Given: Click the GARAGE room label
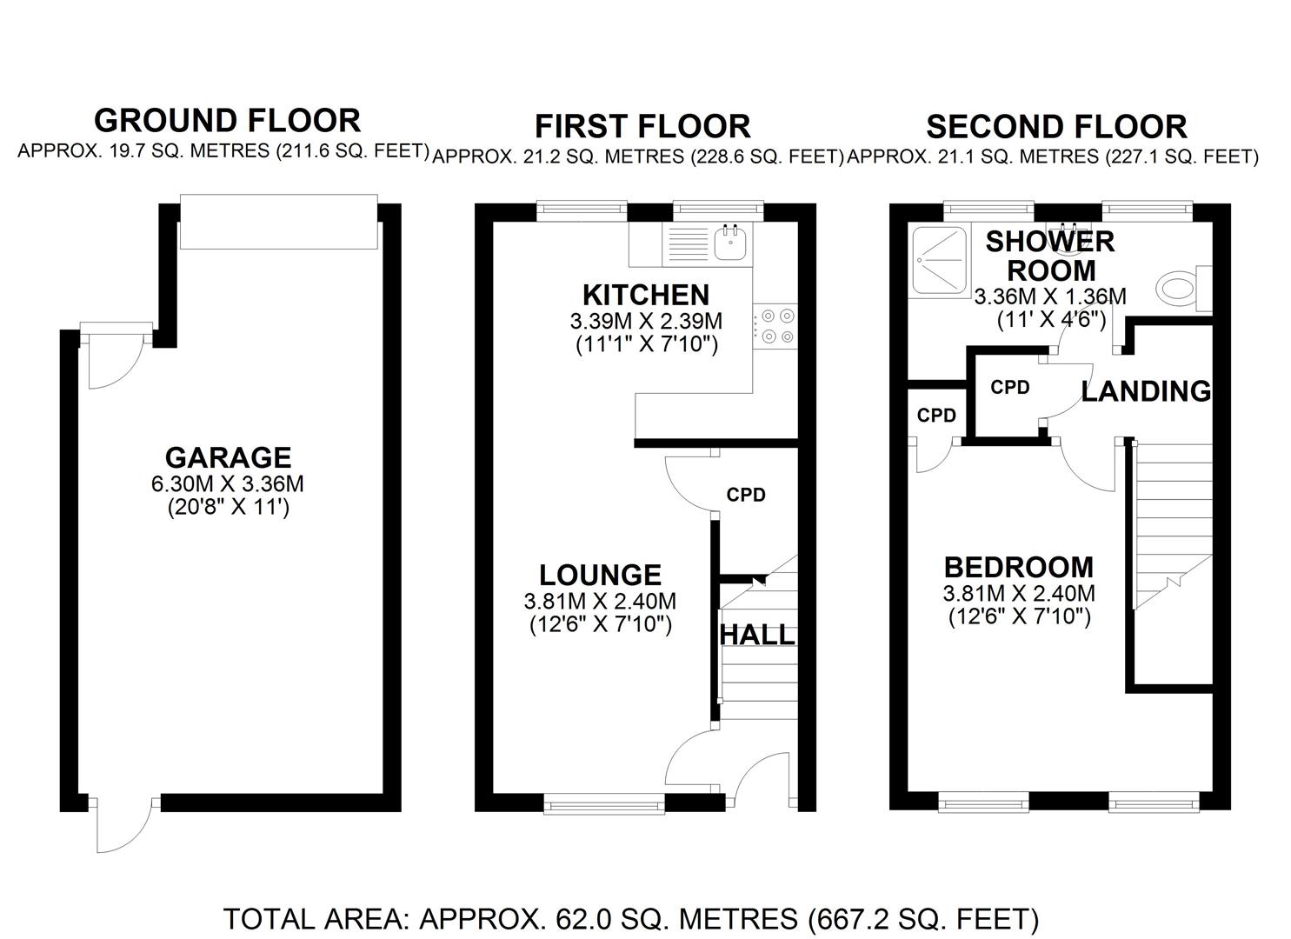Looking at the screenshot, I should point(228,457).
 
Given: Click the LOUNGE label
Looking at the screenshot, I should point(600,575).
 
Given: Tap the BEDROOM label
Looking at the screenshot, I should point(1018,567).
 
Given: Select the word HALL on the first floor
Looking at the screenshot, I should point(757,635).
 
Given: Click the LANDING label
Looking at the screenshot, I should point(1145,391).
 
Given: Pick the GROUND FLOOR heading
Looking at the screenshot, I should point(227,120).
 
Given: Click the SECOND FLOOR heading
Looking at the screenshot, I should point(1055,127).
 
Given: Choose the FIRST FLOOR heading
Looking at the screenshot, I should point(642,127).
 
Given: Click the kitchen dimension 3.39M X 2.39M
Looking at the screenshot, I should point(646,321).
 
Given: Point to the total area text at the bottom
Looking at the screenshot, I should point(631,918).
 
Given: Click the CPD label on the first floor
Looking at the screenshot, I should point(746,495).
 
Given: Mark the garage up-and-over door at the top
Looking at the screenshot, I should point(278,221).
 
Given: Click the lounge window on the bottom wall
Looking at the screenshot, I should point(604,804).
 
